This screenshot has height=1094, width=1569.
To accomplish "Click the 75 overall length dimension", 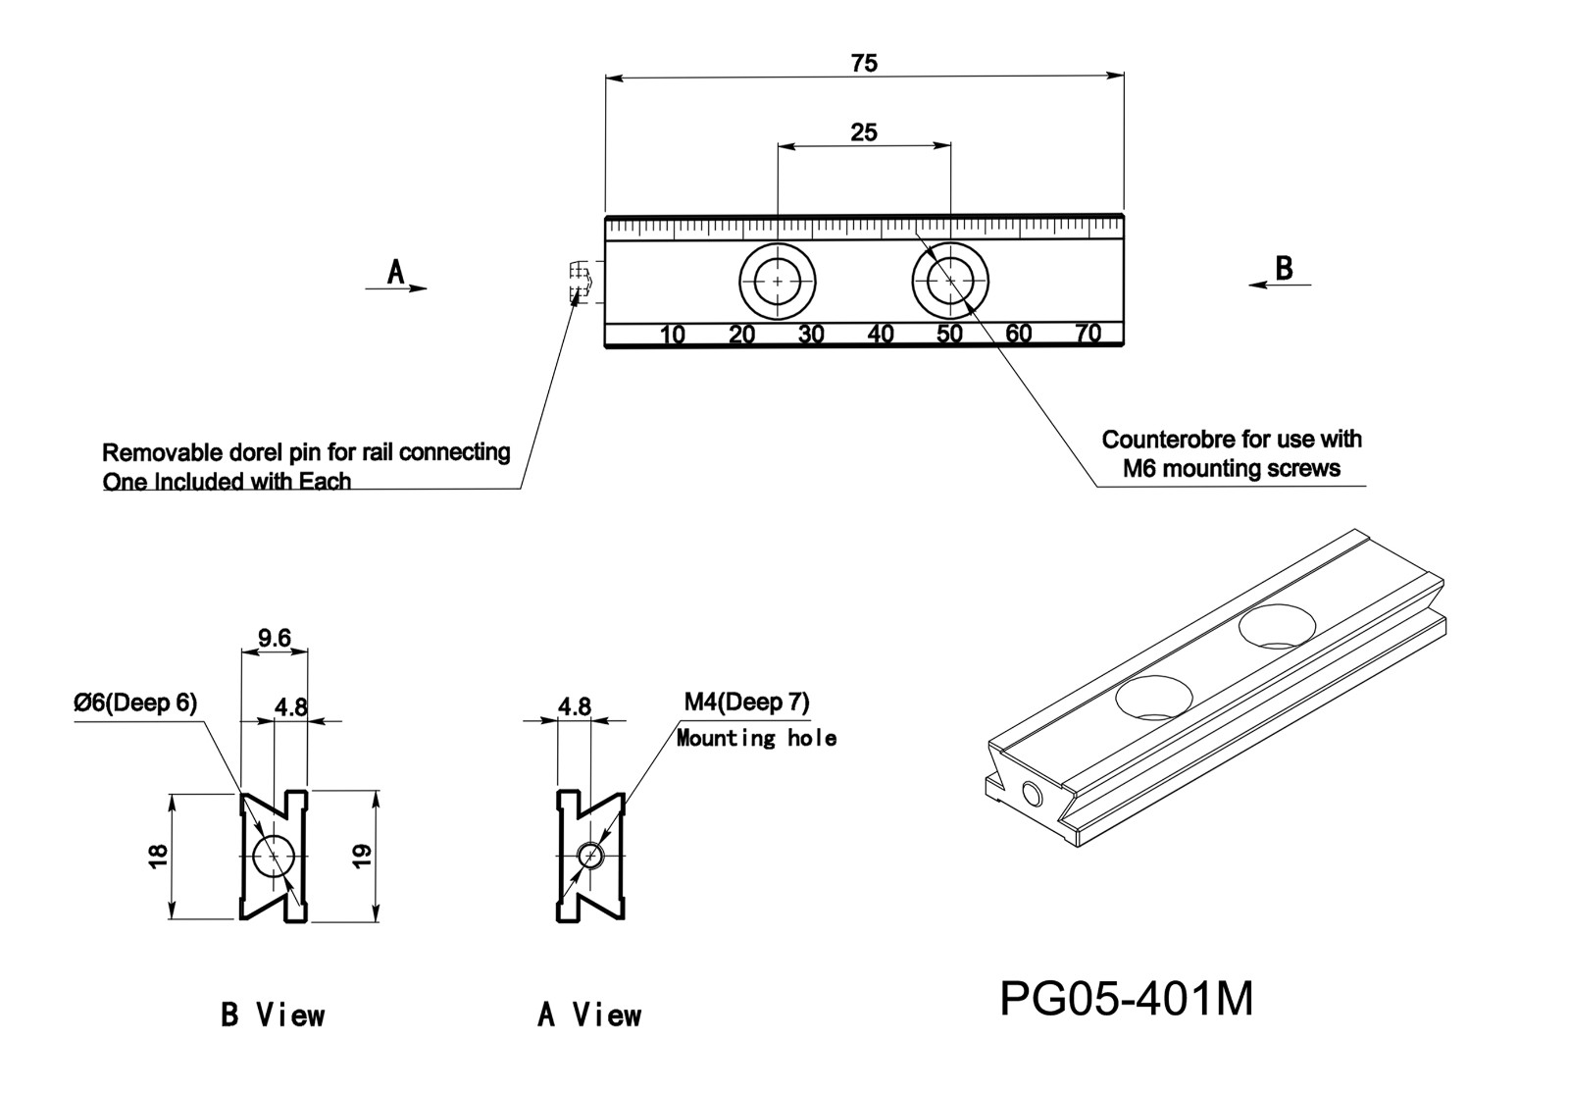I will pyautogui.click(x=864, y=64).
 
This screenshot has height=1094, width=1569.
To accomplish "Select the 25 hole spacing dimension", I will pyautogui.click(x=864, y=132).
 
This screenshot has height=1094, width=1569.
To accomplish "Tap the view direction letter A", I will pyautogui.click(x=395, y=272).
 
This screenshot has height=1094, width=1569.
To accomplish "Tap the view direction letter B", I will pyautogui.click(x=1283, y=268).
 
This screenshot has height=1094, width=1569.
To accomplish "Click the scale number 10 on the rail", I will pyautogui.click(x=672, y=335).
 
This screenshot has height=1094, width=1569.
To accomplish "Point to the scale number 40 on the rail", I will pyautogui.click(x=881, y=335).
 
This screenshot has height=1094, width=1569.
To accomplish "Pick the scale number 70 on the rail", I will pyautogui.click(x=1088, y=334).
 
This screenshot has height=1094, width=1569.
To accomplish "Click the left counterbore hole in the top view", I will pyautogui.click(x=778, y=281).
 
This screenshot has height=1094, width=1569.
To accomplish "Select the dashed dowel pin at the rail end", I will pyautogui.click(x=581, y=283).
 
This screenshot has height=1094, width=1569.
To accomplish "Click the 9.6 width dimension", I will pyautogui.click(x=275, y=639).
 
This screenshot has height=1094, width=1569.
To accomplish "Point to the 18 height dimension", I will pyautogui.click(x=159, y=856).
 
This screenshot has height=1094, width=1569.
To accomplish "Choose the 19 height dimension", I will pyautogui.click(x=363, y=856).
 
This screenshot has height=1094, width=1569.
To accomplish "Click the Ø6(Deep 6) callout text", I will pyautogui.click(x=135, y=703).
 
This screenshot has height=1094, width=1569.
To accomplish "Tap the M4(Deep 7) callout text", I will pyautogui.click(x=746, y=703).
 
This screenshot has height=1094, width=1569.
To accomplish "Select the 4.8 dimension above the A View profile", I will pyautogui.click(x=575, y=706).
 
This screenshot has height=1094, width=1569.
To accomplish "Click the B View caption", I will pyautogui.click(x=273, y=1015).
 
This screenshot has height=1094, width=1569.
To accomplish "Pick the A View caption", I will pyautogui.click(x=589, y=1015).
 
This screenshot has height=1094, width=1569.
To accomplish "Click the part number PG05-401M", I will pyautogui.click(x=1126, y=1000).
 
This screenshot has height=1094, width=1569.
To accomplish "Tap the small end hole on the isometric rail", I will pyautogui.click(x=1031, y=794).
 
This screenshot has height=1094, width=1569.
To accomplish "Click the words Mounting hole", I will pyautogui.click(x=756, y=738).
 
